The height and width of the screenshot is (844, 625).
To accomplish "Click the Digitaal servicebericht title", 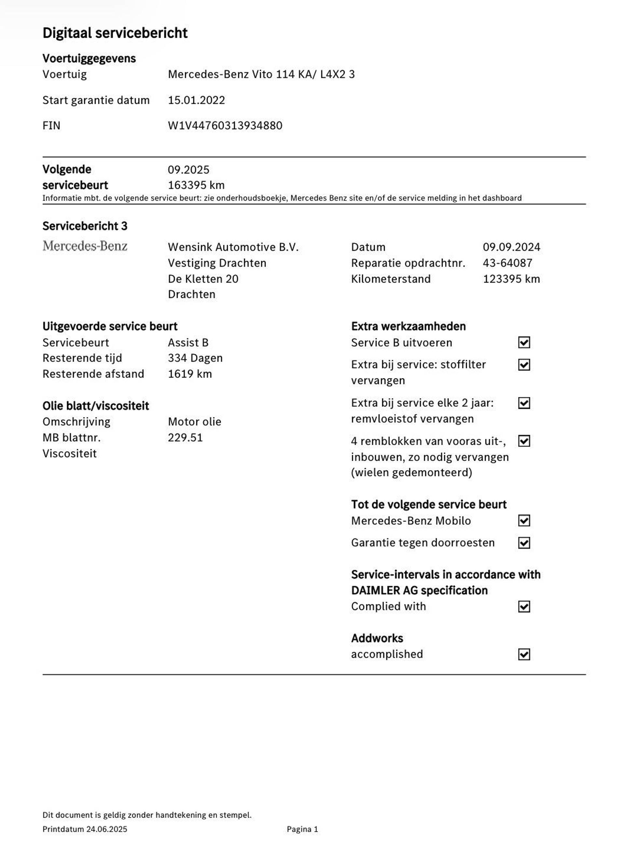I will [115, 33].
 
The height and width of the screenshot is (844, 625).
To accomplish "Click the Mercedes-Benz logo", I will [85, 246].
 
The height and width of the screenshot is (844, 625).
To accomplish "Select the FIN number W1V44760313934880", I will [225, 126].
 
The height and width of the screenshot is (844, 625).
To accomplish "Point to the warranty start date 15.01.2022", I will [196, 100].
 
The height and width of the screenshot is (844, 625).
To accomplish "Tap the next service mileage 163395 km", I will [196, 185].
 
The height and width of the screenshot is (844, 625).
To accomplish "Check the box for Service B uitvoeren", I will [524, 343].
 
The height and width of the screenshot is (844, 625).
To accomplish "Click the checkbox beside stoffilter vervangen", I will [524, 365].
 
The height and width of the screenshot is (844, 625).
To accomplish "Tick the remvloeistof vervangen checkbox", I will [524, 403].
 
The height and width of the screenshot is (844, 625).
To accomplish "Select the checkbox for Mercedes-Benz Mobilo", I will [524, 521].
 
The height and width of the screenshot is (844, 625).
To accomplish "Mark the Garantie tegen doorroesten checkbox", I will [524, 543].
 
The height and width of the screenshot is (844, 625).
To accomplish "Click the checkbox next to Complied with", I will [524, 606].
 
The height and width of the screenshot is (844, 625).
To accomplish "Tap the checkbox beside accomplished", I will [524, 654].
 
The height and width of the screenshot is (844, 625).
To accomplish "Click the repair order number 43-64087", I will [507, 263].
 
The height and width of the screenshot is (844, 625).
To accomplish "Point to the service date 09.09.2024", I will [511, 247].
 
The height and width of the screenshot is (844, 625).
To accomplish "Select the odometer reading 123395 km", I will [511, 279].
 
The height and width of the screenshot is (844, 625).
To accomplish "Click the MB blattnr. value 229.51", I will [185, 438].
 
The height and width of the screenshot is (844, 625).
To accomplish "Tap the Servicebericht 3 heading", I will [85, 226].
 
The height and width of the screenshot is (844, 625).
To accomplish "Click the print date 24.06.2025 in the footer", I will [107, 829].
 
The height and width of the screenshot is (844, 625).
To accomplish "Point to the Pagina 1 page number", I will [302, 829].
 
